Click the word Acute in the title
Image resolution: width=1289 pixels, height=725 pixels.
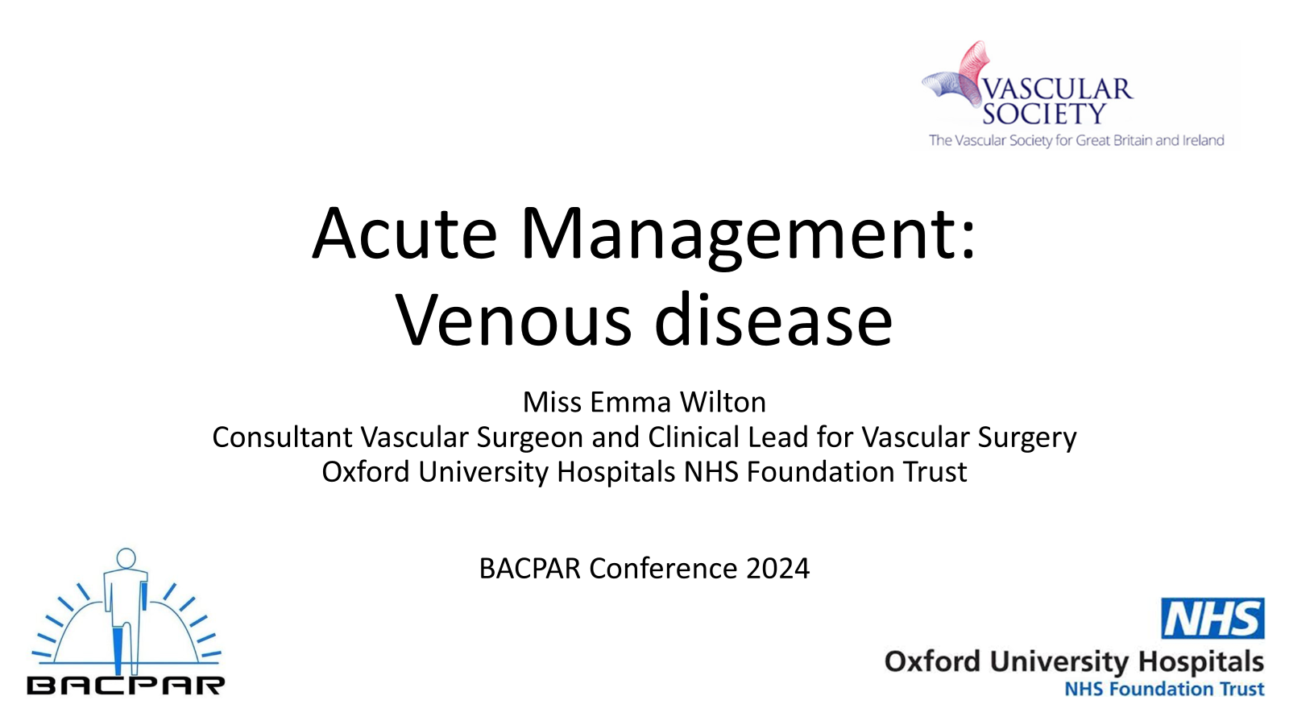pyautogui.click(x=404, y=234)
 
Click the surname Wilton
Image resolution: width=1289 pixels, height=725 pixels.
pyautogui.click(x=723, y=402)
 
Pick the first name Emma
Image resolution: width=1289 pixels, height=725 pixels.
pyautogui.click(x=630, y=402)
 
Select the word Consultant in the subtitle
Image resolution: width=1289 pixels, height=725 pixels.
pyautogui.click(x=282, y=437)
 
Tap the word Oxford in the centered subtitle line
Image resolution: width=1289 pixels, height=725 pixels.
pyautogui.click(x=366, y=472)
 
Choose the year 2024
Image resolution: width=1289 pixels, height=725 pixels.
pyautogui.click(x=778, y=569)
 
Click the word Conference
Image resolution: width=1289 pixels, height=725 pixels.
pyautogui.click(x=663, y=569)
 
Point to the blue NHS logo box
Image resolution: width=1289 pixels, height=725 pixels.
pyautogui.click(x=1212, y=618)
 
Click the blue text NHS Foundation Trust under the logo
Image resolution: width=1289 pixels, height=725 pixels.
pyautogui.click(x=1164, y=689)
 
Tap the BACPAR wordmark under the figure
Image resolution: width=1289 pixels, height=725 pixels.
pyautogui.click(x=126, y=686)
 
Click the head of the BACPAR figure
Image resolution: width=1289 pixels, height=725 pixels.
pyautogui.click(x=126, y=557)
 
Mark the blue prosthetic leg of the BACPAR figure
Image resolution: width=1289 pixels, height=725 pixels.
pyautogui.click(x=118, y=651)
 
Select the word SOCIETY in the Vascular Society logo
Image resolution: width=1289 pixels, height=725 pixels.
pyautogui.click(x=1044, y=113)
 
